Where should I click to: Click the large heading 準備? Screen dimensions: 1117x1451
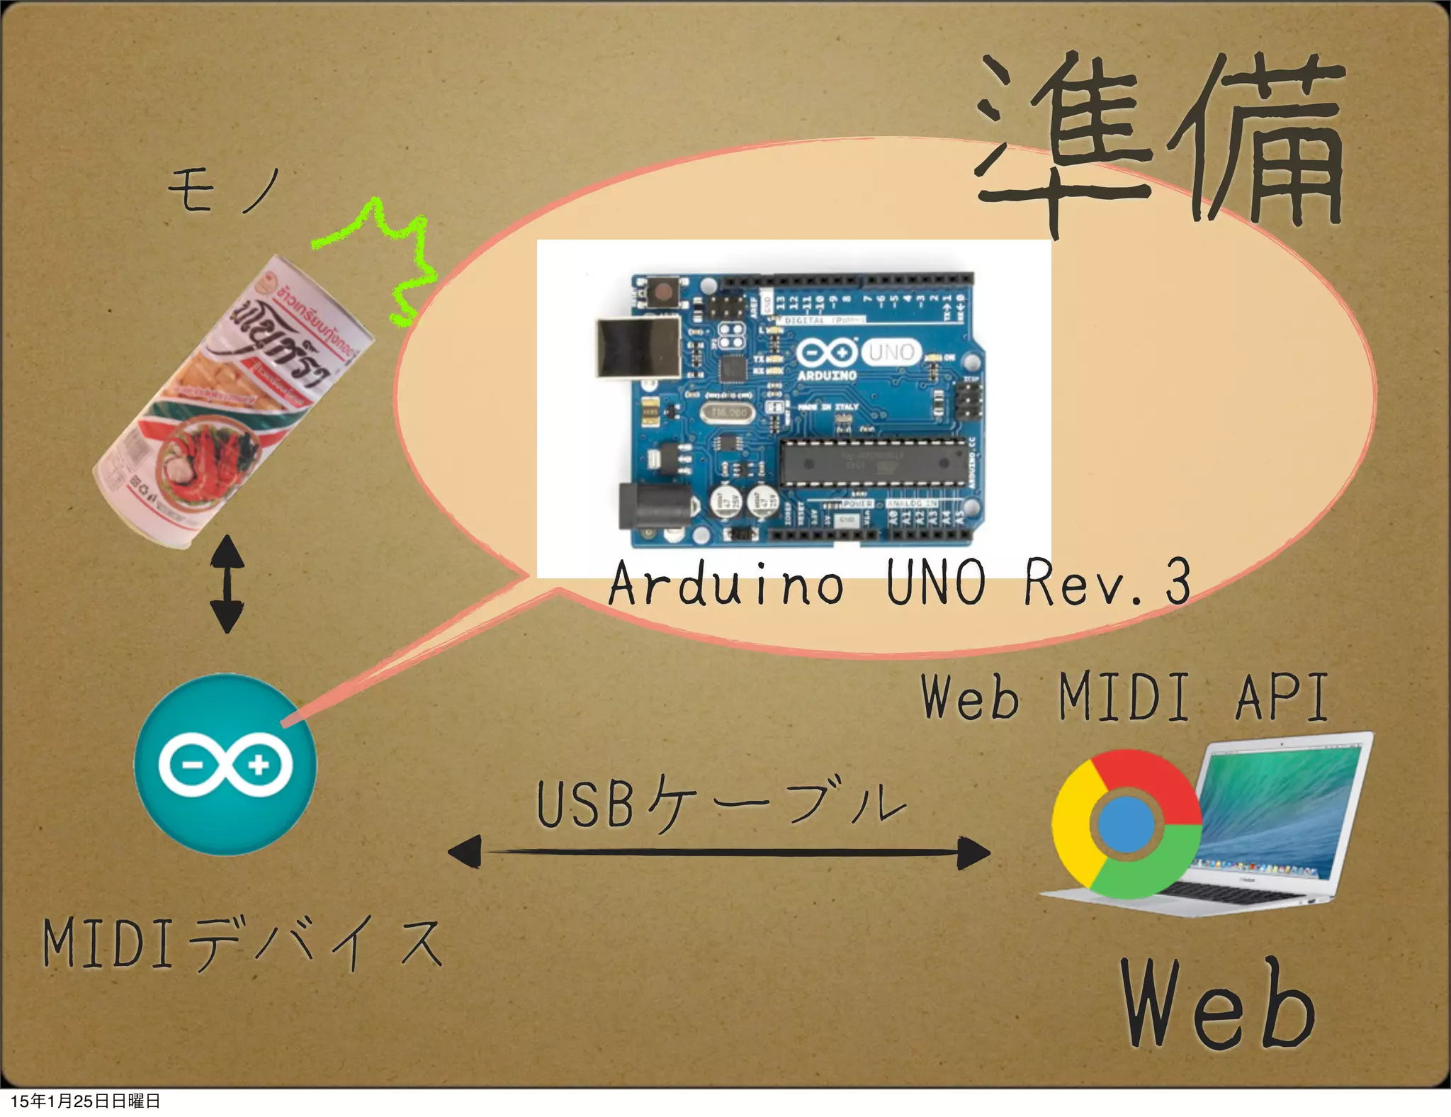[1162, 142]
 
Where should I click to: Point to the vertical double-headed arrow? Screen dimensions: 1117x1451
[227, 584]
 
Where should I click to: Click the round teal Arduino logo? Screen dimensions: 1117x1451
[225, 764]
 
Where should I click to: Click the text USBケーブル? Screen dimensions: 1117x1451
[719, 804]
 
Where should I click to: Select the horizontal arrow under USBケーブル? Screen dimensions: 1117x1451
[719, 852]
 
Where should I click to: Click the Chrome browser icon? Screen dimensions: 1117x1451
[1127, 824]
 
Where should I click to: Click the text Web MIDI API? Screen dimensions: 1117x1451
[1123, 698]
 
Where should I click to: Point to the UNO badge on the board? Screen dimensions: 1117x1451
[891, 352]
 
